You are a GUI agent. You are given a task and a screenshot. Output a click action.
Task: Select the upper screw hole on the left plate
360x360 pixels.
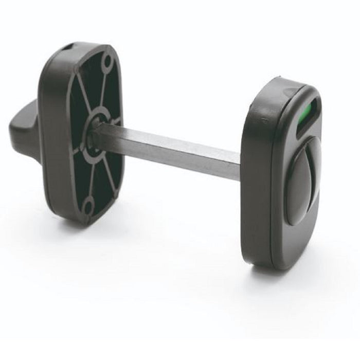(107, 62)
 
